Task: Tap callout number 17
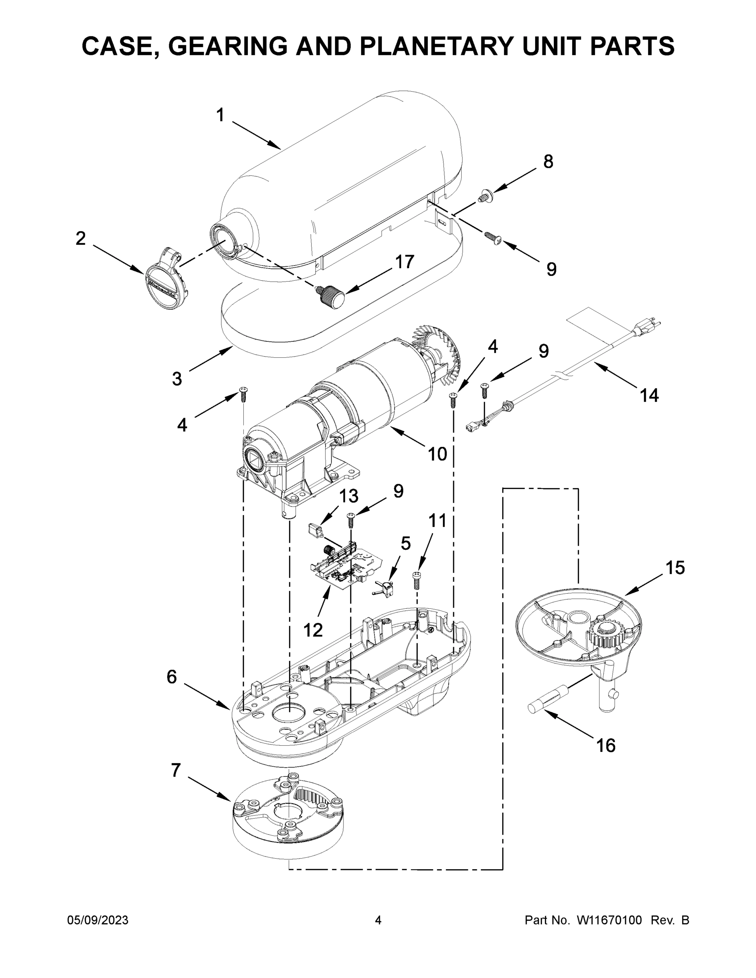[404, 262]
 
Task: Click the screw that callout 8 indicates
[485, 196]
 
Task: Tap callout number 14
[649, 395]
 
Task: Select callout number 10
[437, 454]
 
